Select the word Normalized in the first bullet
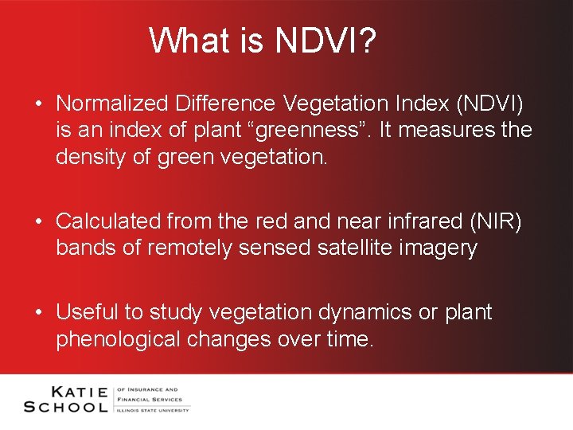pos(114,104)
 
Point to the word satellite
pos(354,248)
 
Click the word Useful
pos(86,312)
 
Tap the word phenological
pos(119,339)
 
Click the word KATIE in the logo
pos(80,391)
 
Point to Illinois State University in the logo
pos(153,409)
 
